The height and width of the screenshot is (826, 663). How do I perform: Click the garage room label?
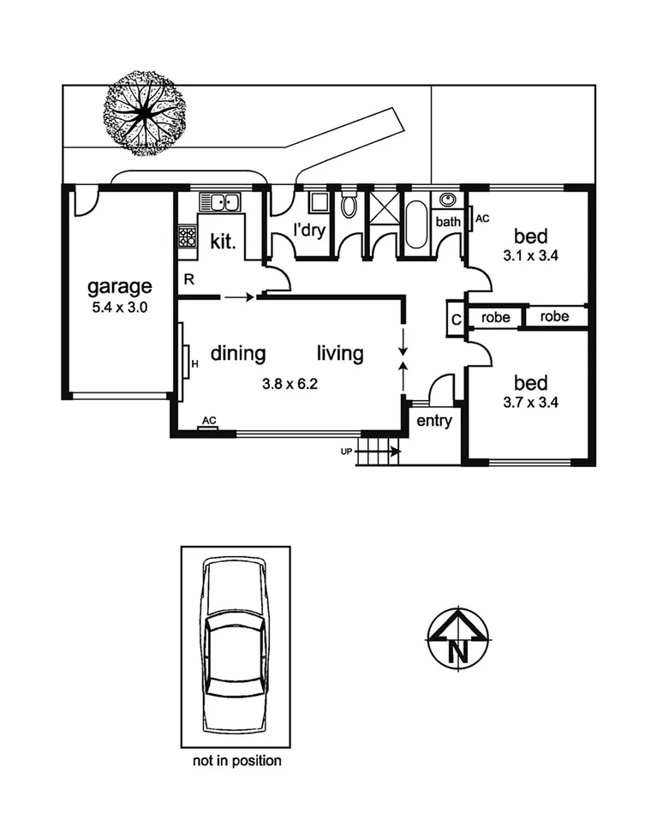pyautogui.click(x=120, y=287)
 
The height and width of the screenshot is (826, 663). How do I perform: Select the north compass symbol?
pyautogui.click(x=457, y=637)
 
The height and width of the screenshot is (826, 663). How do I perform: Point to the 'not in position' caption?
pyautogui.click(x=235, y=760)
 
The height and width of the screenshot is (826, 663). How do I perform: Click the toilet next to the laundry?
pyautogui.click(x=349, y=206)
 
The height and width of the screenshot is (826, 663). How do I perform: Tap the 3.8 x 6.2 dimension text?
pyautogui.click(x=290, y=384)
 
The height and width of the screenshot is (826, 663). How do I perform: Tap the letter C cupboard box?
pyautogui.click(x=457, y=319)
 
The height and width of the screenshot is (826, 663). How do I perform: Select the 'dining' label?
pyautogui.click(x=238, y=353)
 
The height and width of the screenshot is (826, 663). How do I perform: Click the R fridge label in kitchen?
pyautogui.click(x=188, y=279)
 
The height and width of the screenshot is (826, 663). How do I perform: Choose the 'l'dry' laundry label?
pyautogui.click(x=309, y=230)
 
